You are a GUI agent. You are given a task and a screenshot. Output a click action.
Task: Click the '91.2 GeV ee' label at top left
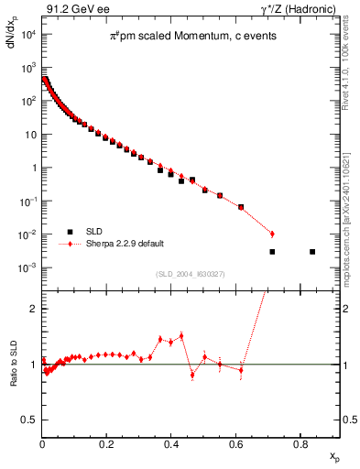coord(74,10)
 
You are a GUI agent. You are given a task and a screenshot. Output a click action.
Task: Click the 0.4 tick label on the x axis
coord(171,444)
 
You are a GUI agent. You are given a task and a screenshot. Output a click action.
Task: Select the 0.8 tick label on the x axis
coord(300,444)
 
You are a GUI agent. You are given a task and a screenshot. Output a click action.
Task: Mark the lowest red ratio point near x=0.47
coord(192,375)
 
